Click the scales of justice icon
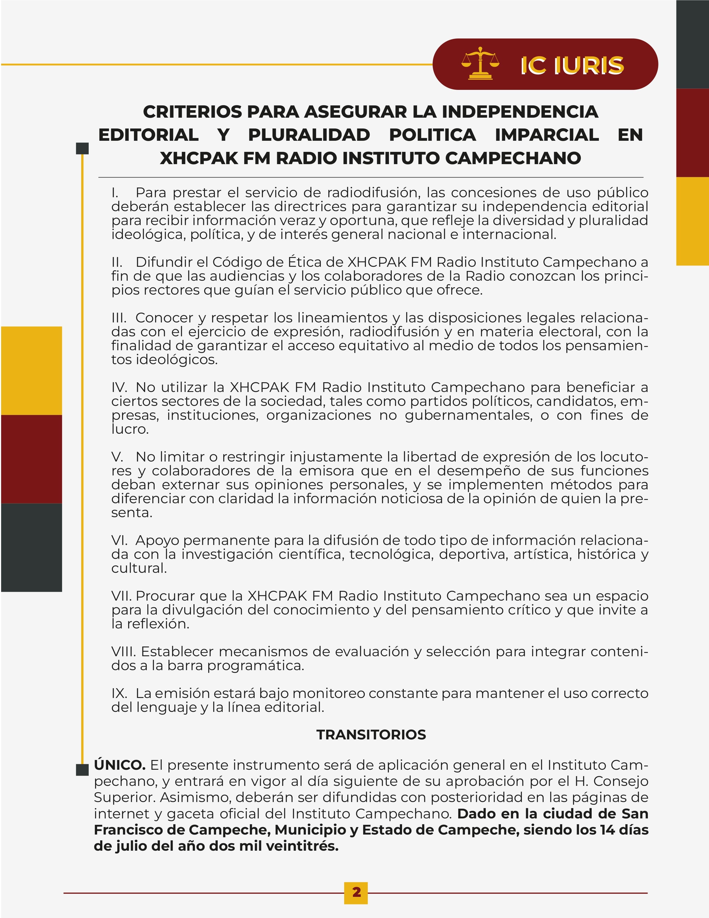480,64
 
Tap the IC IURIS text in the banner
572,66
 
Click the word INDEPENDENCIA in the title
520,112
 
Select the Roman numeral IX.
119,693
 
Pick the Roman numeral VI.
119,540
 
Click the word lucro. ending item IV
130,429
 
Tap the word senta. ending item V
132,513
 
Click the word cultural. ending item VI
139,568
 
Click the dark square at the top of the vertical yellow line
82,148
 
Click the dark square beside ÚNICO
82,770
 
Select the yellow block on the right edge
692,221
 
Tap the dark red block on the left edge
31,459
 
